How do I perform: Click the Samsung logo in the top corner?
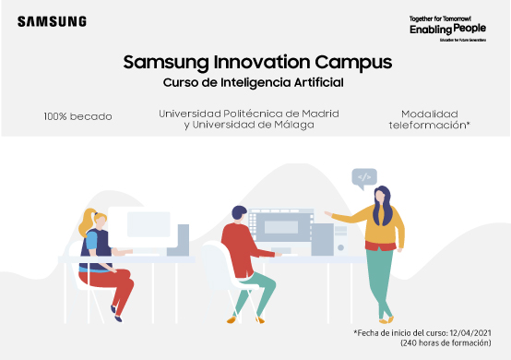52,21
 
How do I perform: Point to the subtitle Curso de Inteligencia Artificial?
252,84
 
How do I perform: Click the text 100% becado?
77,117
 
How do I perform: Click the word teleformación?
429,124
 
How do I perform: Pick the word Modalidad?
429,112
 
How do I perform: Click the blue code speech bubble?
364,176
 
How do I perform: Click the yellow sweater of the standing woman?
380,226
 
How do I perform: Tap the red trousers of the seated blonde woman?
119,292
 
